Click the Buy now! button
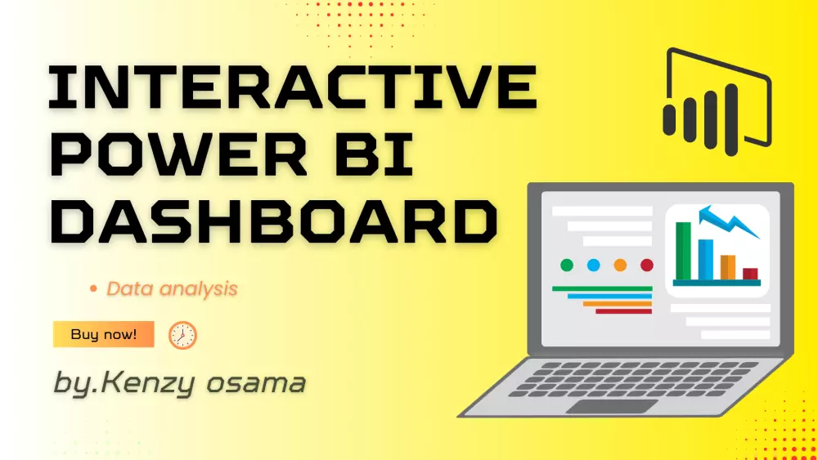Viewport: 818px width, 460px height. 103,334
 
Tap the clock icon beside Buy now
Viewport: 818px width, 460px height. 182,335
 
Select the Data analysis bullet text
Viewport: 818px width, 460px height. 172,288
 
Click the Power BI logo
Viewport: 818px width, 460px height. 716,102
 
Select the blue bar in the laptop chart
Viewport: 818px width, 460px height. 705,259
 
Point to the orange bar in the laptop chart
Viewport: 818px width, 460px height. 727,267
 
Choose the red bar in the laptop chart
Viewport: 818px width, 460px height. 750,274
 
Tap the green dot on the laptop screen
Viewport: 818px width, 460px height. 566,265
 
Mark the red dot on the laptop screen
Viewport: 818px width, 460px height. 647,265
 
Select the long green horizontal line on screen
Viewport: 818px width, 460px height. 602,288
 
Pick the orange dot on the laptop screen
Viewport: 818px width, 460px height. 620,265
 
